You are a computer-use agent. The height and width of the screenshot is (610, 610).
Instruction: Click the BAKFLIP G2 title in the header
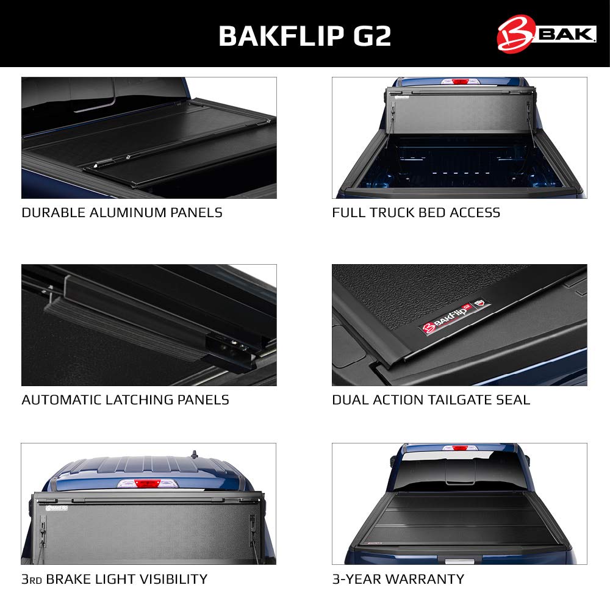(x=304, y=36)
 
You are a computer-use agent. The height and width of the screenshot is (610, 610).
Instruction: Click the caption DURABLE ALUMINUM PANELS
(x=122, y=213)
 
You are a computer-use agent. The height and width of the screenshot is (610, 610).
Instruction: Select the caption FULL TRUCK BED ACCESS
(x=416, y=213)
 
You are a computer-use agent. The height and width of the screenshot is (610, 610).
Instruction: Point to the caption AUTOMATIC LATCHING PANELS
(x=125, y=400)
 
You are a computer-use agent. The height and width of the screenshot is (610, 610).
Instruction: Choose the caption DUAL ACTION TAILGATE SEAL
(x=431, y=400)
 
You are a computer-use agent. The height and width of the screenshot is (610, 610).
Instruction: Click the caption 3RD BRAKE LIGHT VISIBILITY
(x=115, y=579)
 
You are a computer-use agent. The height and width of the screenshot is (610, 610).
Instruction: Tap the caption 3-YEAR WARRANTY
(x=398, y=579)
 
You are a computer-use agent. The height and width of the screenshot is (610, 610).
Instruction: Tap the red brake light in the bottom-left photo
(x=147, y=484)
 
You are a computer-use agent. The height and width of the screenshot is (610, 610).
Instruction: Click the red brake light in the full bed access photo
(x=460, y=82)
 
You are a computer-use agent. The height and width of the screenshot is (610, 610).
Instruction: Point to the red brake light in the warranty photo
(x=460, y=448)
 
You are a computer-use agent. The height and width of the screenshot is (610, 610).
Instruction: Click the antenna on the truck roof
(x=194, y=454)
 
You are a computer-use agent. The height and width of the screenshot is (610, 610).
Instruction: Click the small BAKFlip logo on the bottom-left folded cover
(x=57, y=508)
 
